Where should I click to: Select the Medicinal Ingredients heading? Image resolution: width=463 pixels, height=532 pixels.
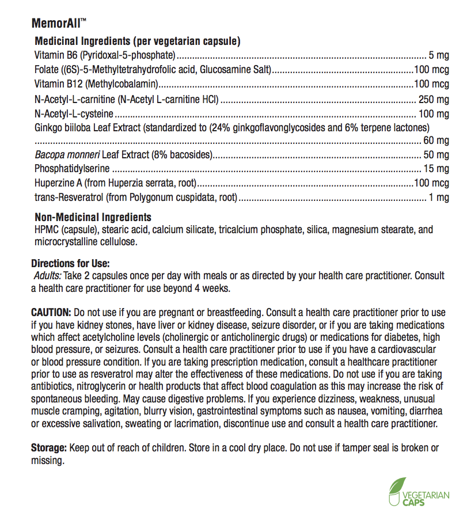138,41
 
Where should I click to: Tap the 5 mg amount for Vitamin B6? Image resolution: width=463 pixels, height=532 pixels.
439,56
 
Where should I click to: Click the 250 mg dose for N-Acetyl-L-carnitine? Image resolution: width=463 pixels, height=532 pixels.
435,100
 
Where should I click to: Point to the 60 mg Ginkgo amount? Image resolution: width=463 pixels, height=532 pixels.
437,140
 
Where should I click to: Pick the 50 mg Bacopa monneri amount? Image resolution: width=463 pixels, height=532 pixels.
437,155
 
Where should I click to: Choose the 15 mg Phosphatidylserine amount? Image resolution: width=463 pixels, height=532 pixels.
437,169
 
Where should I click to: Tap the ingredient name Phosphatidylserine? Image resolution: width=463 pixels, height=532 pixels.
72,169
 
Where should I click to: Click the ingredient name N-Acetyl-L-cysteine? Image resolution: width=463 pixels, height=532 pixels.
74,113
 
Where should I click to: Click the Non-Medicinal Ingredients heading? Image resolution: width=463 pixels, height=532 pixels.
93,218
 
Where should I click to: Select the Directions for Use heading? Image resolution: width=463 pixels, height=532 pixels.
70,263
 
